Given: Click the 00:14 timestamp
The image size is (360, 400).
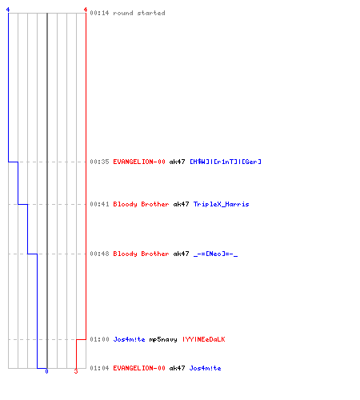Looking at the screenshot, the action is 99,13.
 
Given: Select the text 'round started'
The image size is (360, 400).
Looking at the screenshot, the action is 139,13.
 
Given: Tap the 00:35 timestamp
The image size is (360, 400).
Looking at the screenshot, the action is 99,162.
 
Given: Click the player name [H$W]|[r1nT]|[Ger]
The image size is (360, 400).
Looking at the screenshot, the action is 226,162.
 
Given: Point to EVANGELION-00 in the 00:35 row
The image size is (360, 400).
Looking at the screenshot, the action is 139,162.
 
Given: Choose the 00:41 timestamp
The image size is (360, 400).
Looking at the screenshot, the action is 99,204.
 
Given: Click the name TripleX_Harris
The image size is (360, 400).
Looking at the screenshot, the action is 222,204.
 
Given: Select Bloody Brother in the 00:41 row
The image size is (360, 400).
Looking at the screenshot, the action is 141,204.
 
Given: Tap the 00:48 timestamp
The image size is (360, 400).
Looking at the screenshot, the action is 99,254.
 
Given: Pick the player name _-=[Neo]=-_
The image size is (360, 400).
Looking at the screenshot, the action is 215,254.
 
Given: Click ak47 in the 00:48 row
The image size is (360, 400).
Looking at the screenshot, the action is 181,254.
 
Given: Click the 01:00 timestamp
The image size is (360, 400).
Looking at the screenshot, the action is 99,339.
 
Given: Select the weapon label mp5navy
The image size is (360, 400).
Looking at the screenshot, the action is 163,339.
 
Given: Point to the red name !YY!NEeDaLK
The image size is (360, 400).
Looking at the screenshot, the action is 204,339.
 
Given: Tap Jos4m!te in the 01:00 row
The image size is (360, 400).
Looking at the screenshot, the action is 129,339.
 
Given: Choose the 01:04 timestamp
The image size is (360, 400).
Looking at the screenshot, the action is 99,368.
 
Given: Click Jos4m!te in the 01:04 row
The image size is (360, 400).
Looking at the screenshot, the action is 205,368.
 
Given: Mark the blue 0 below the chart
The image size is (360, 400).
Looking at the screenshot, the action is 46,371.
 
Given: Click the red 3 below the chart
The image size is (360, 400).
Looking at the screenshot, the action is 76,371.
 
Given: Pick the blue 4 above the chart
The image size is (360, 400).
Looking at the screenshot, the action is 8,10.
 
